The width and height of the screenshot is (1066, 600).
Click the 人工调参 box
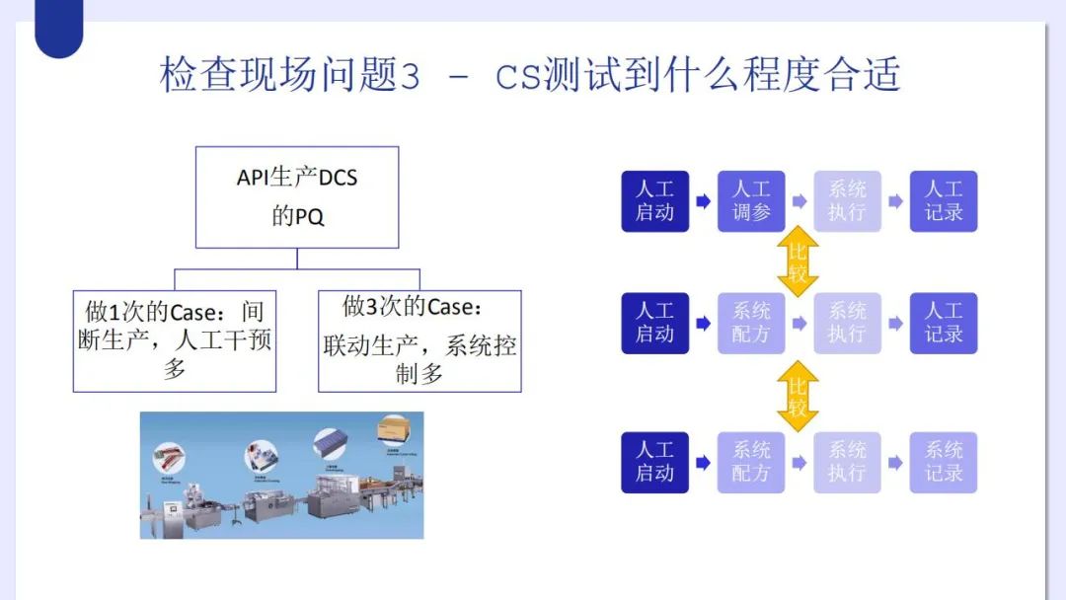751,201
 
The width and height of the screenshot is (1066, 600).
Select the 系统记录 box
943,462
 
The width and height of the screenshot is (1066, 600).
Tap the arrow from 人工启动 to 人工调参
703,201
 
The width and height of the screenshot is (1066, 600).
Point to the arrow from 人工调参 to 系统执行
799,201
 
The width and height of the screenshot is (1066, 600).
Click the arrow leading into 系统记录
895,462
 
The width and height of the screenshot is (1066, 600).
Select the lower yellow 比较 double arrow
798,395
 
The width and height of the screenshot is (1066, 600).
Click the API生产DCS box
297,197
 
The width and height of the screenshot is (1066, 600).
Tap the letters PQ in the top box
311,217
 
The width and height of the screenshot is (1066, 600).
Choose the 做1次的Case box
175,340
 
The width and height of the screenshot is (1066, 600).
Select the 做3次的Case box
420,340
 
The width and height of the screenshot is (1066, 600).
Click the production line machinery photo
281,475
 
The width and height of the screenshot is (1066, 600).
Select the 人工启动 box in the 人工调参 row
654,201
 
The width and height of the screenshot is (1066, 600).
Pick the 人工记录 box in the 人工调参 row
943,201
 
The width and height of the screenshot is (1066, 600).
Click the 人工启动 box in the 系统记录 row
654,462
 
